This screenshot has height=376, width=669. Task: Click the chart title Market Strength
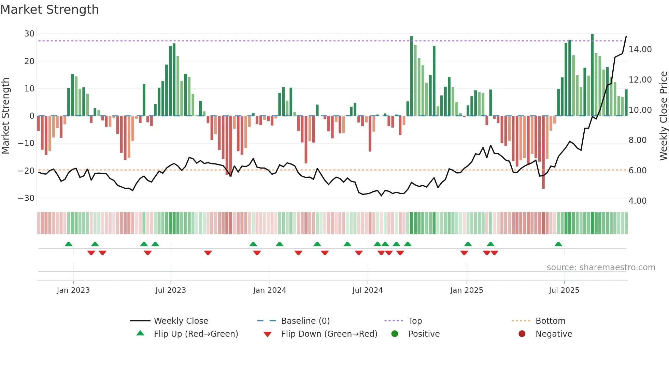point(49,10)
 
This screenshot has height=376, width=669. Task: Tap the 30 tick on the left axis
point(29,34)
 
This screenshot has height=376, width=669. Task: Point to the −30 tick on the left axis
point(27,198)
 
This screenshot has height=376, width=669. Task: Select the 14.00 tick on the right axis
point(640,49)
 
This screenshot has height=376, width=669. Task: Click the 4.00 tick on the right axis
point(637,201)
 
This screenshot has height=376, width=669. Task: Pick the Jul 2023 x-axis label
point(171,290)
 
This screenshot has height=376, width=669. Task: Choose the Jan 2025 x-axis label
point(467,290)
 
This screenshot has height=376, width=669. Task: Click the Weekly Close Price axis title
point(663,116)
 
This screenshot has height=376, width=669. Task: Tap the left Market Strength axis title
point(6,116)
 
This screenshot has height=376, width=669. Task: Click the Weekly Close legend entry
point(181,321)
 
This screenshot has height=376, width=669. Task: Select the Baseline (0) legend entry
point(305,321)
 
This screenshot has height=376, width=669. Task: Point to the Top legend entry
point(415,321)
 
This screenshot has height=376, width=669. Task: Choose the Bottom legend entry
point(550,321)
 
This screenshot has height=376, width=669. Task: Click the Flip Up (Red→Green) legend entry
point(196,334)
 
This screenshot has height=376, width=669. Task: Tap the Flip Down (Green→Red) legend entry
point(329,334)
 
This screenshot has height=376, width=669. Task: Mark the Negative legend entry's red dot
point(522,334)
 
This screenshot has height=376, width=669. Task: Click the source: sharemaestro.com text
point(601,267)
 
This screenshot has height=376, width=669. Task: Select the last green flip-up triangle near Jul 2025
point(558,244)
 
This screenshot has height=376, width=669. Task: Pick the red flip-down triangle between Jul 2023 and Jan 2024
point(208,253)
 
